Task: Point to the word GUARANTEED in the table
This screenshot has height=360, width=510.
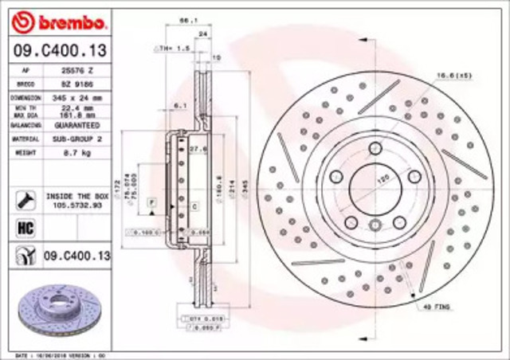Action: point(77,125)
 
